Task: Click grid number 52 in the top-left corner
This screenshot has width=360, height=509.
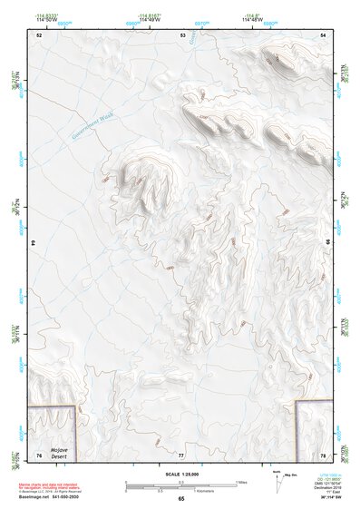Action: [39, 34]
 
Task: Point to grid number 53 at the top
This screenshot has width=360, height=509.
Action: [182, 34]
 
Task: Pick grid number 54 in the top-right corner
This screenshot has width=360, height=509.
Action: [323, 34]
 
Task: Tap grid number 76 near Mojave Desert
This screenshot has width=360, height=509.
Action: [39, 455]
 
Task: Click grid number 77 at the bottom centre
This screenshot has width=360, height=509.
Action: [181, 455]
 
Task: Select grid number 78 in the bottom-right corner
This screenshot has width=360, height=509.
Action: [323, 455]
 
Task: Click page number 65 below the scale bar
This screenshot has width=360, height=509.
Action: [181, 498]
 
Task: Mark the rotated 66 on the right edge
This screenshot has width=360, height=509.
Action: [327, 243]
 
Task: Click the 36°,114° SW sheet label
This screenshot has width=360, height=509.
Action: [323, 498]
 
